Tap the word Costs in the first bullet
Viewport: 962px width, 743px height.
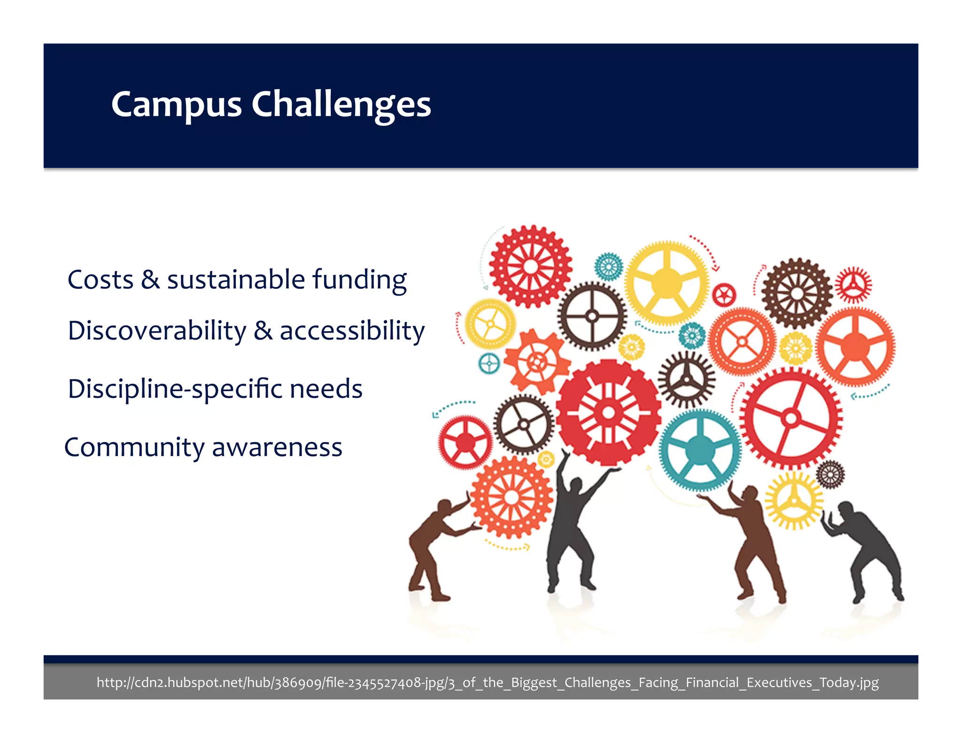coord(100,280)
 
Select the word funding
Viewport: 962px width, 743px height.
coord(359,280)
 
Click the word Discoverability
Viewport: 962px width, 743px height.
coord(157,331)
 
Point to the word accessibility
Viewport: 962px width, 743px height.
coord(352,331)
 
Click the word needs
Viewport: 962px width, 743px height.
coord(326,389)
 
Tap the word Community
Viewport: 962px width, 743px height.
coord(134,448)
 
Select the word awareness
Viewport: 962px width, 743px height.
coord(277,448)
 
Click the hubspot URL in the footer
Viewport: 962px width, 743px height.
coord(487,682)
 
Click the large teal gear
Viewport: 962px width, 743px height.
coord(700,450)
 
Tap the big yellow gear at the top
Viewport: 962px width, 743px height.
coord(666,283)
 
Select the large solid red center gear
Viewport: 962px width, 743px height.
coord(609,412)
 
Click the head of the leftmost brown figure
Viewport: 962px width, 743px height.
coord(444,507)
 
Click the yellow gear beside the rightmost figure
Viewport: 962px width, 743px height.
coord(793,500)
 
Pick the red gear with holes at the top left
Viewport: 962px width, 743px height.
coord(530,266)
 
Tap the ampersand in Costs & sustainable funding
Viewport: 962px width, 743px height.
coord(150,280)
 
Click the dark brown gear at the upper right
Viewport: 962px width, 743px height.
coord(797,293)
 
